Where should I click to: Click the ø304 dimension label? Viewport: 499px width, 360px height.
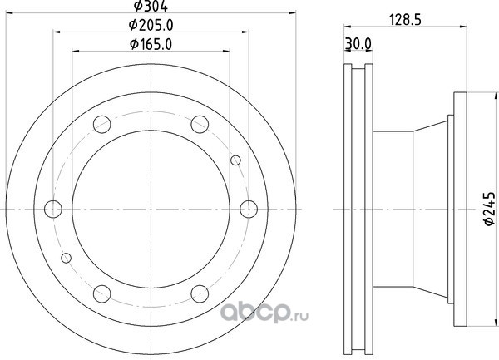[x=151, y=6]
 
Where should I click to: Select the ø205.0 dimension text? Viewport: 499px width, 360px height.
[x=151, y=25]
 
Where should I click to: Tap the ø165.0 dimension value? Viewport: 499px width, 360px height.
[x=151, y=44]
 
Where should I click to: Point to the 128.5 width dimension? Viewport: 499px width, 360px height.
[x=406, y=20]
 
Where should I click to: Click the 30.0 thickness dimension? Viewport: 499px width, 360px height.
[x=358, y=44]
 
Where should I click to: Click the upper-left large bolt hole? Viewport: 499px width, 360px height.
[x=102, y=125]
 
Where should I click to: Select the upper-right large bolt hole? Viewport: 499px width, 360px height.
[x=200, y=125]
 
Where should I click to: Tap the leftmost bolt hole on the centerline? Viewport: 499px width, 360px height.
[x=53, y=210]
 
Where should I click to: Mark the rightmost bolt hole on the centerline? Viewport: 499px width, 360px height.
[x=249, y=210]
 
